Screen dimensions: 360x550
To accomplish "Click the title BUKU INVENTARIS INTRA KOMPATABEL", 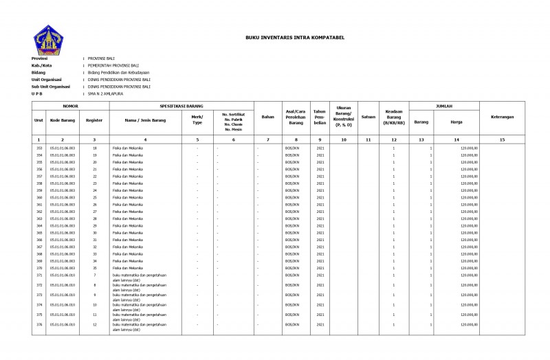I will [x=295, y=38].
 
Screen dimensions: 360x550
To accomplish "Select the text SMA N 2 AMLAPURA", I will [x=105, y=93].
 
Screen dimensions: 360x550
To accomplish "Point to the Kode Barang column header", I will [x=63, y=120].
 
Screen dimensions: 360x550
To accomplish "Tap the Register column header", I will [x=94, y=120].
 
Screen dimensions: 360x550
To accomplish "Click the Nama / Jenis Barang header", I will [x=145, y=120].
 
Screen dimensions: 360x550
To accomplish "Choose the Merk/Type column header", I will [x=197, y=120].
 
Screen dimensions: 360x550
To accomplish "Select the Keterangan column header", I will [x=502, y=117].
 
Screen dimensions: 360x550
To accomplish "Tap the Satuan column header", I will [x=368, y=117].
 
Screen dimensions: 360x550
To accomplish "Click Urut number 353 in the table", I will [x=39, y=148].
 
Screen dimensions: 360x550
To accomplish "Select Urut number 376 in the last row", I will [x=39, y=324].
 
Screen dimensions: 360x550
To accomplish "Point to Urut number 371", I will [x=39, y=275].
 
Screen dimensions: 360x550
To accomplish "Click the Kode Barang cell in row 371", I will [x=63, y=275].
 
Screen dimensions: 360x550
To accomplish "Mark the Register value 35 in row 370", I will [x=94, y=268].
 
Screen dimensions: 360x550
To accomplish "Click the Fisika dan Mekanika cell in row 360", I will [x=127, y=197].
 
